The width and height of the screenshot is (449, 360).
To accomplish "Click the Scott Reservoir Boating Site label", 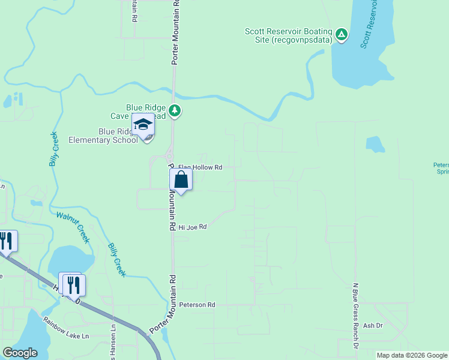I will point(288,35).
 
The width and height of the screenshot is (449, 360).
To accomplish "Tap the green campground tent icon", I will point(341,34).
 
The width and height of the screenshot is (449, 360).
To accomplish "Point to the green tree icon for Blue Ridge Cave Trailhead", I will point(175,110).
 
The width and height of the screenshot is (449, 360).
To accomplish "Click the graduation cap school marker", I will point(143,125).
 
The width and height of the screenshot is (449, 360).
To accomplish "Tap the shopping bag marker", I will point(181,179).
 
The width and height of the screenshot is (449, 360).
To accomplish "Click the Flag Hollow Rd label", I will point(200,167).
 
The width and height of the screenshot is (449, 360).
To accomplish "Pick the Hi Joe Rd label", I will point(192,227).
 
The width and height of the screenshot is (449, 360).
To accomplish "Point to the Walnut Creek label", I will point(73,227).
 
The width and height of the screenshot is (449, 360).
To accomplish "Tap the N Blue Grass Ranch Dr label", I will point(355,317).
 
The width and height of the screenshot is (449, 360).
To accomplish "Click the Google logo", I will point(20,353).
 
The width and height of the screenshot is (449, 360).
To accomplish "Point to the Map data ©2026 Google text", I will point(412,355).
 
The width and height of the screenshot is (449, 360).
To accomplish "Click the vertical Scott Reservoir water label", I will point(368,24).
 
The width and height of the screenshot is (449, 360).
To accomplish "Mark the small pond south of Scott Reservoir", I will point(375,145).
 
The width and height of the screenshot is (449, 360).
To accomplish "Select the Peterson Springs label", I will point(441,168).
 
